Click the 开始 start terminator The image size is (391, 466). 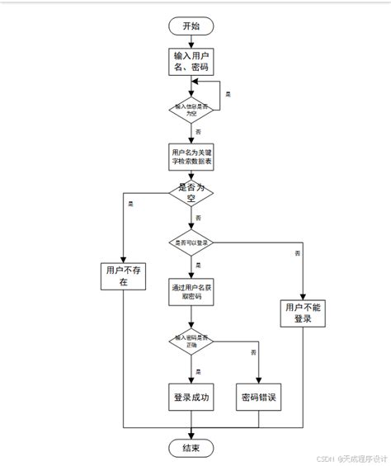(x=191, y=26)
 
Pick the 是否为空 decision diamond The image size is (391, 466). (x=191, y=194)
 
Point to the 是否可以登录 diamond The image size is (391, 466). (x=191, y=242)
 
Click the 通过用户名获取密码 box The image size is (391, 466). (x=191, y=291)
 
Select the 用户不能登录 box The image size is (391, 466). (x=303, y=313)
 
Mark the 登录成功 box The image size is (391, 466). (x=191, y=397)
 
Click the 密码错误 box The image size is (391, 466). (x=258, y=397)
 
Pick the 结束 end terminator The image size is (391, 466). (x=191, y=448)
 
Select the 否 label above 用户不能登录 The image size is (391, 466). (x=296, y=253)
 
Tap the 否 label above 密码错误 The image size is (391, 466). (x=253, y=352)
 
